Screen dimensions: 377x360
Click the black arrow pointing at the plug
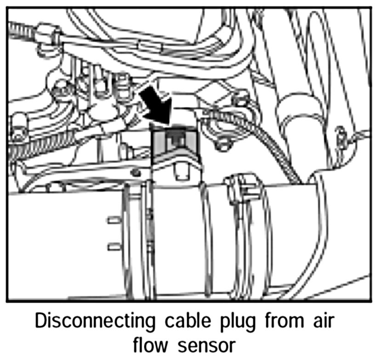tap(156, 106)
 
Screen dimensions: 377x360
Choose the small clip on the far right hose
tap(341, 135)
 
